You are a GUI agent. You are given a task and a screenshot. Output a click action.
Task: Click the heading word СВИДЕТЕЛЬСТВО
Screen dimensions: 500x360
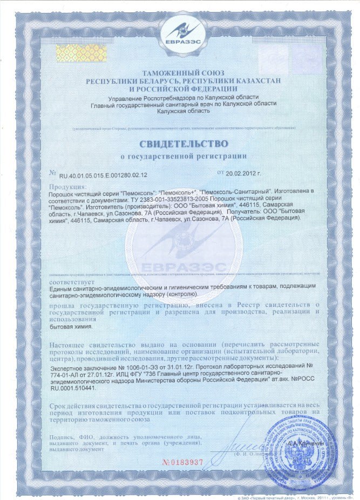[x=184, y=144]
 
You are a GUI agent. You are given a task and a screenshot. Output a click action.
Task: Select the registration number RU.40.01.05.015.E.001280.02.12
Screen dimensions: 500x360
[x=103, y=175]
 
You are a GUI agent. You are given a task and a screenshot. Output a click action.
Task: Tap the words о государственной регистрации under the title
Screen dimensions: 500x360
[x=183, y=156]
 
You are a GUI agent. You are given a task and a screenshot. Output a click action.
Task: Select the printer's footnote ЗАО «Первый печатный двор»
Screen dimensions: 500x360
[x=273, y=496]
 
